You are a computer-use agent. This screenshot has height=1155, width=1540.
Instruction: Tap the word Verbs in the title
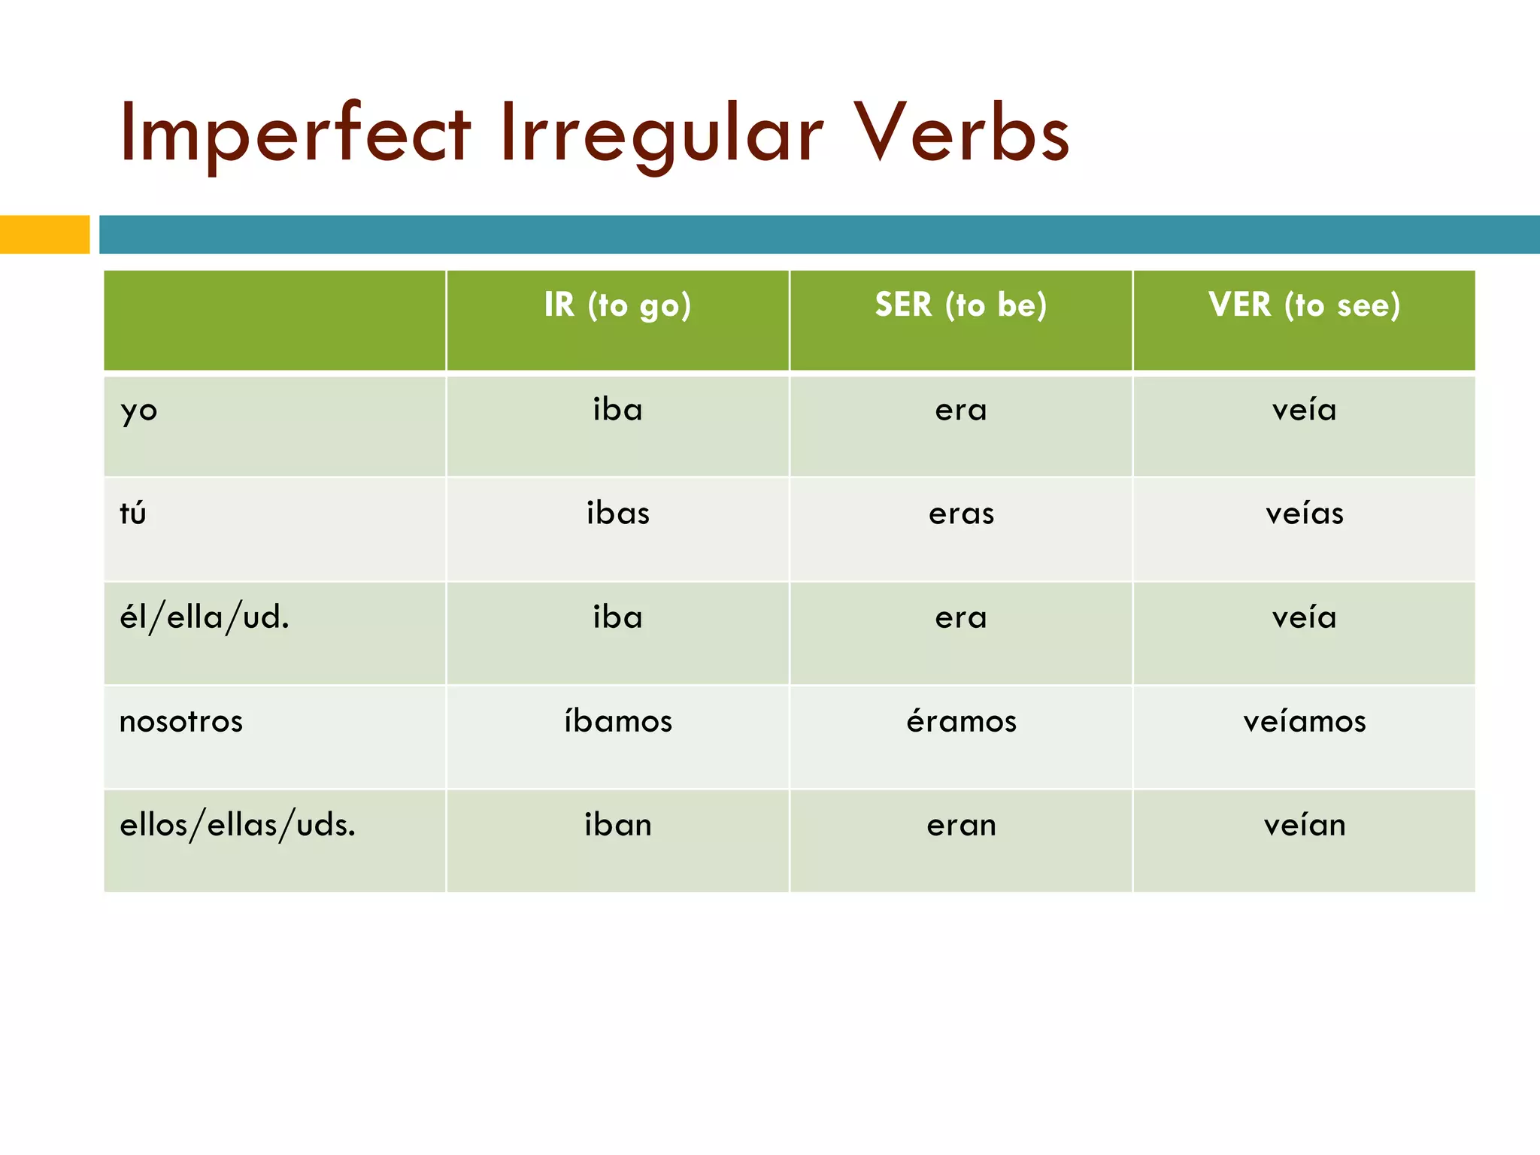pyautogui.click(x=962, y=134)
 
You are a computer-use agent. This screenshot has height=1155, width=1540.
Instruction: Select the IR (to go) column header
pyautogui.click(x=617, y=305)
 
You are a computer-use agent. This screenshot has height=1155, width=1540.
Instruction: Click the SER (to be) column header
pyautogui.click(x=960, y=305)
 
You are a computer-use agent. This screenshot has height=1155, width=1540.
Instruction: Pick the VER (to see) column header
pyautogui.click(x=1304, y=305)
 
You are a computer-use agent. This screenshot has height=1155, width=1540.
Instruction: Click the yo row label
pyautogui.click(x=139, y=411)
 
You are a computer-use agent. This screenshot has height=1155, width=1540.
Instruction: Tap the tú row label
pyautogui.click(x=133, y=514)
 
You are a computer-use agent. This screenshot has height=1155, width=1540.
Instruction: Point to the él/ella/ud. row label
pyautogui.click(x=205, y=618)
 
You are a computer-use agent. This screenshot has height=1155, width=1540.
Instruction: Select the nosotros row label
pyautogui.click(x=181, y=722)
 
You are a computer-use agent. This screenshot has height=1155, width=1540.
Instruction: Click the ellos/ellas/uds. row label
pyautogui.click(x=238, y=826)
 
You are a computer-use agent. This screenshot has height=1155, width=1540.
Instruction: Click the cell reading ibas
pyautogui.click(x=618, y=514)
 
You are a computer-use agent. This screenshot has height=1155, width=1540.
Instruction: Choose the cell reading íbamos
pyautogui.click(x=618, y=721)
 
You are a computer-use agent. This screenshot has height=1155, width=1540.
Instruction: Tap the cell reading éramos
pyautogui.click(x=961, y=721)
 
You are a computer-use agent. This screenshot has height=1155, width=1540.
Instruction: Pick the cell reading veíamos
pyautogui.click(x=1304, y=721)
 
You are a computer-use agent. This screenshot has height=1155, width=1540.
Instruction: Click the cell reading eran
pyautogui.click(x=961, y=826)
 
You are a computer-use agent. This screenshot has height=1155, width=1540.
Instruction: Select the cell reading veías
pyautogui.click(x=1304, y=514)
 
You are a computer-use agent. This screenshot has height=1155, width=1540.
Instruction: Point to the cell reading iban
pyautogui.click(x=618, y=826)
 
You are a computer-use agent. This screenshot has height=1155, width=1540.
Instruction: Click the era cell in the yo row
pyautogui.click(x=961, y=411)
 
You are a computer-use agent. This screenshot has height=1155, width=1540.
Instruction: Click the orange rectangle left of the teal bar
pyautogui.click(x=44, y=235)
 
